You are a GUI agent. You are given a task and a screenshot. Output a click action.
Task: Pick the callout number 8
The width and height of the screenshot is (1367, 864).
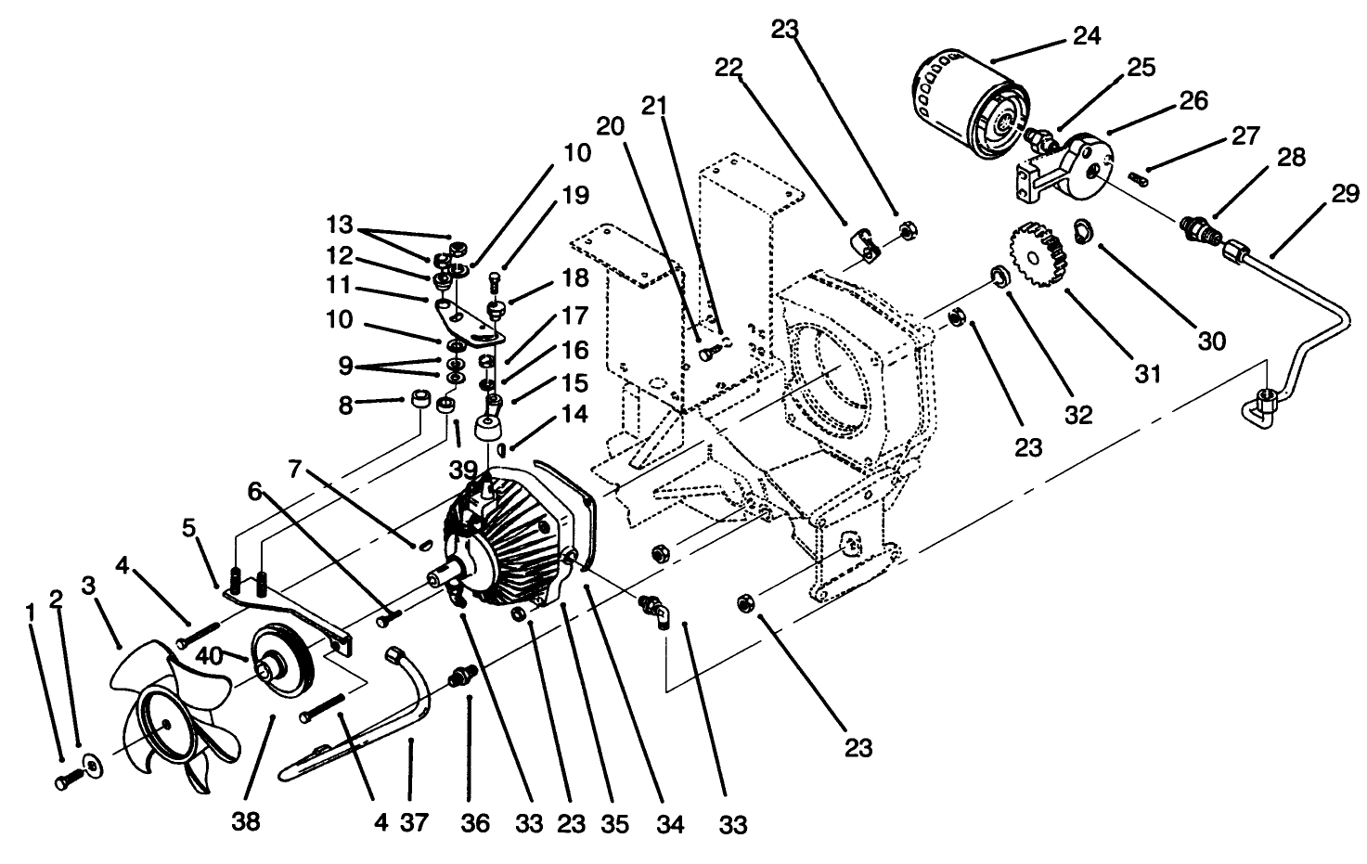[346, 405]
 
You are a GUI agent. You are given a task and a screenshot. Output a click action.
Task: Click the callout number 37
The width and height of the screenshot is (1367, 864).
[413, 822]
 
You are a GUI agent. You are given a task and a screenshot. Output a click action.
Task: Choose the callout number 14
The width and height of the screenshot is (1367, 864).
[575, 414]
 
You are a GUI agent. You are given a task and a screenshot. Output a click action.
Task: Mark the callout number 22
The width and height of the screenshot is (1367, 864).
[729, 67]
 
